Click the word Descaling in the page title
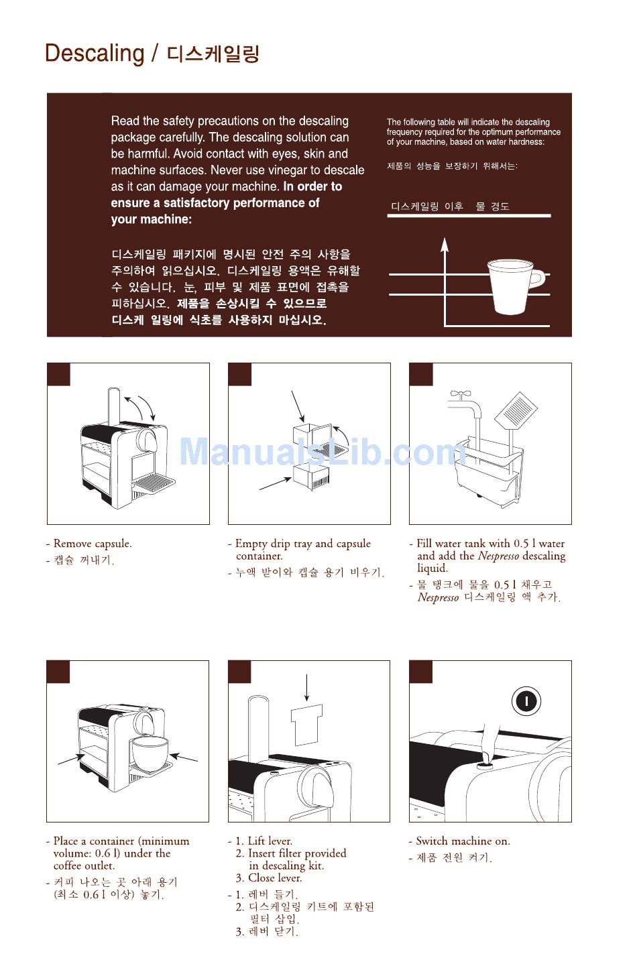coord(95,54)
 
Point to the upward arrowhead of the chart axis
coord(445,245)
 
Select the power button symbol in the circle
coord(526,701)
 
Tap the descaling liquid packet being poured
coord(516,410)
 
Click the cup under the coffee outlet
coord(150,753)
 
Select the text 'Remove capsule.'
coord(93,544)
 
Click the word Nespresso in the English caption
coord(498,556)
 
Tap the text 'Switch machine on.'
coord(463,841)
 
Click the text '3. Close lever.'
coord(269,877)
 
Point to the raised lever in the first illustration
coord(114,405)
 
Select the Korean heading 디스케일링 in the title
coord(213,54)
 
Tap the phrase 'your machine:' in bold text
coord(151,219)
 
